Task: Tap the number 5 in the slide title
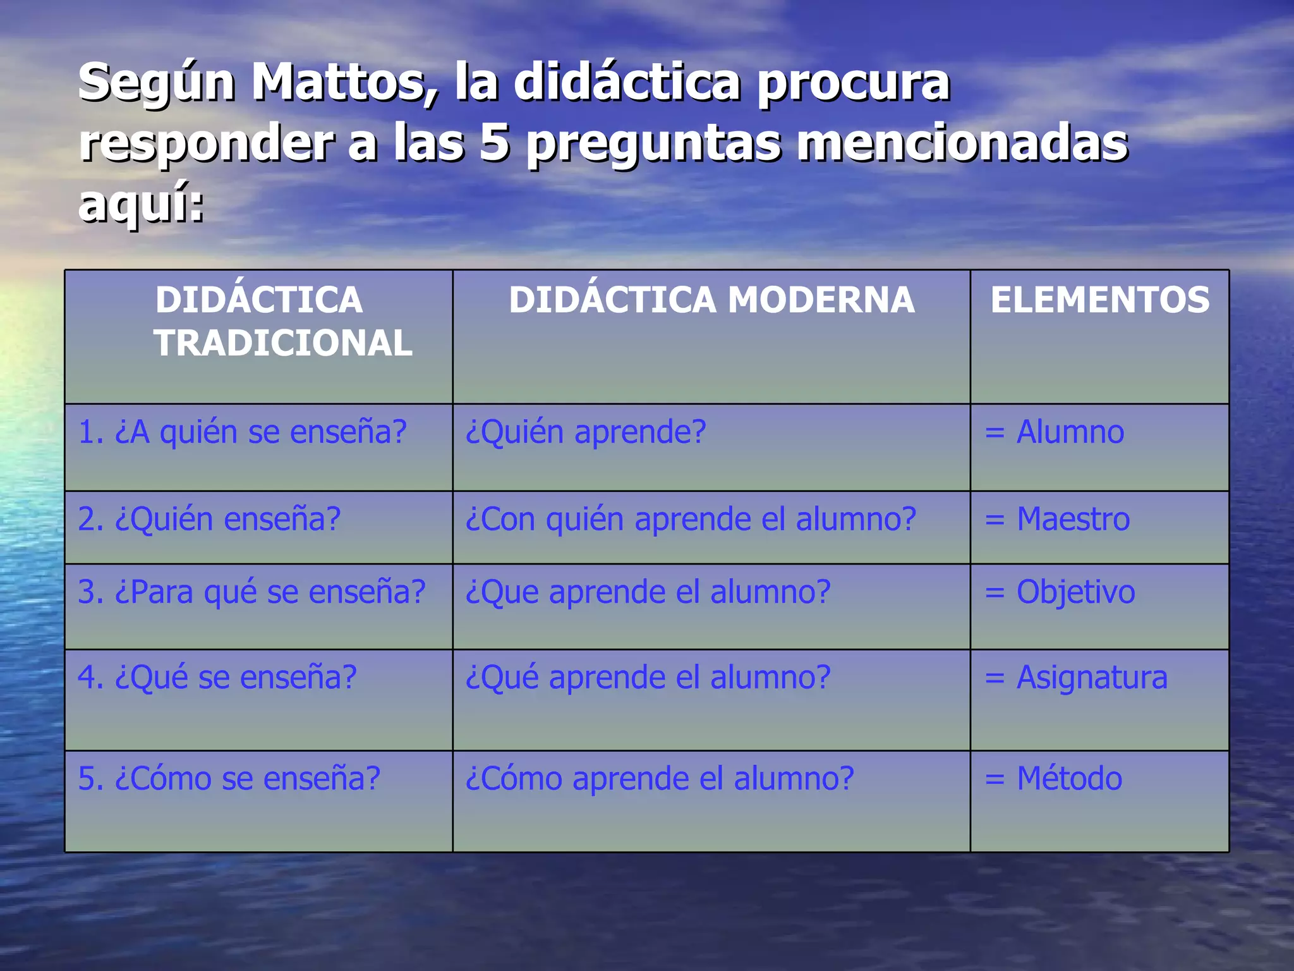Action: [495, 142]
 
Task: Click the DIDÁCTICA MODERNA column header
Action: [711, 300]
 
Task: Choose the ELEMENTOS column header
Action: [1099, 300]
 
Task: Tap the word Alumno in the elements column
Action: [1070, 432]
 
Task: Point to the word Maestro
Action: [1073, 519]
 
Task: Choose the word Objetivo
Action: [1075, 592]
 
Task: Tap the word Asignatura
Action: [1092, 678]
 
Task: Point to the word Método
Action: [1069, 779]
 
